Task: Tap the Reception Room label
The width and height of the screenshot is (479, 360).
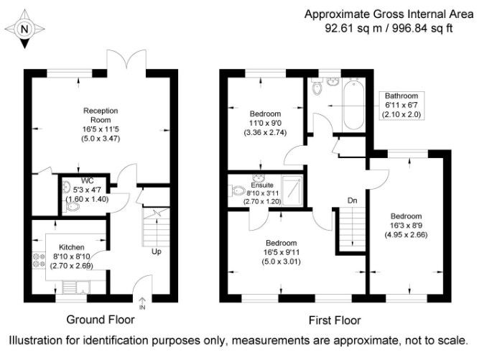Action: tap(101, 115)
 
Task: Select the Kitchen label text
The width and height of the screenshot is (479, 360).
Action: tap(72, 246)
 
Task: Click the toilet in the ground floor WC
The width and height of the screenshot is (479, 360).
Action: tap(72, 206)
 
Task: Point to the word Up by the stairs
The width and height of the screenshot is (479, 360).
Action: tap(156, 251)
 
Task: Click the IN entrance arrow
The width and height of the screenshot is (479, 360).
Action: tap(141, 303)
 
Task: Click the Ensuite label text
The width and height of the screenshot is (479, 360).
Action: tap(263, 185)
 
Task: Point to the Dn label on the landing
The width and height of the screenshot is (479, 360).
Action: tap(352, 200)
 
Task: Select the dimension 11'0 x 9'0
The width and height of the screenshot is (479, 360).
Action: tap(265, 124)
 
